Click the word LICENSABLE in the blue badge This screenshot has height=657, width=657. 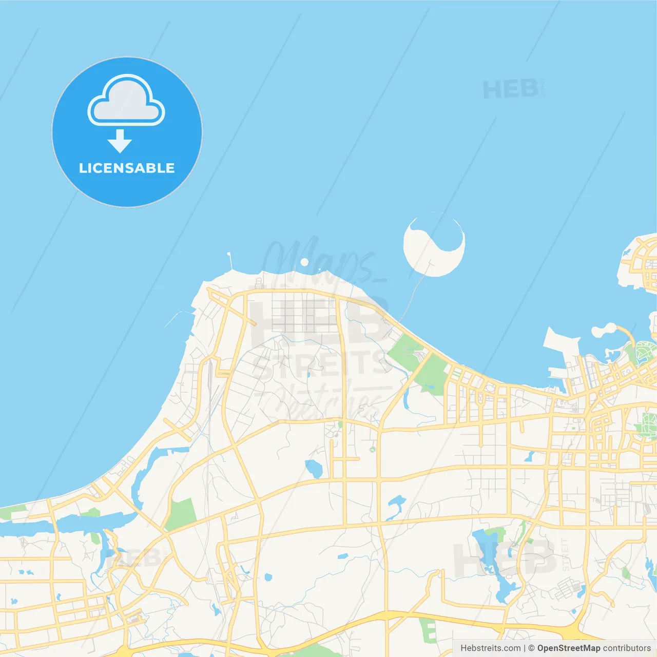(x=127, y=168)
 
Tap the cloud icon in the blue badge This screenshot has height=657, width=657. (x=126, y=101)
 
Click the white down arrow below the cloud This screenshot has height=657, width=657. (x=120, y=141)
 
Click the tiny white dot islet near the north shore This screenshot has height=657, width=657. (x=304, y=262)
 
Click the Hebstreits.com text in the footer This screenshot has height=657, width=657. (x=490, y=648)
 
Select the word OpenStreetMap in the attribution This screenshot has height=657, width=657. (x=568, y=648)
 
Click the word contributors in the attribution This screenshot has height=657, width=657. (x=627, y=648)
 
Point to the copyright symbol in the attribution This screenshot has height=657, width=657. (x=531, y=648)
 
